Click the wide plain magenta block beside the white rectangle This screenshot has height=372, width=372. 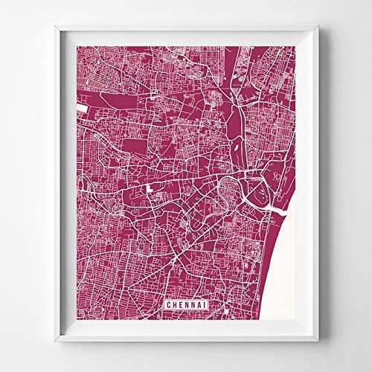[104, 103]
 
